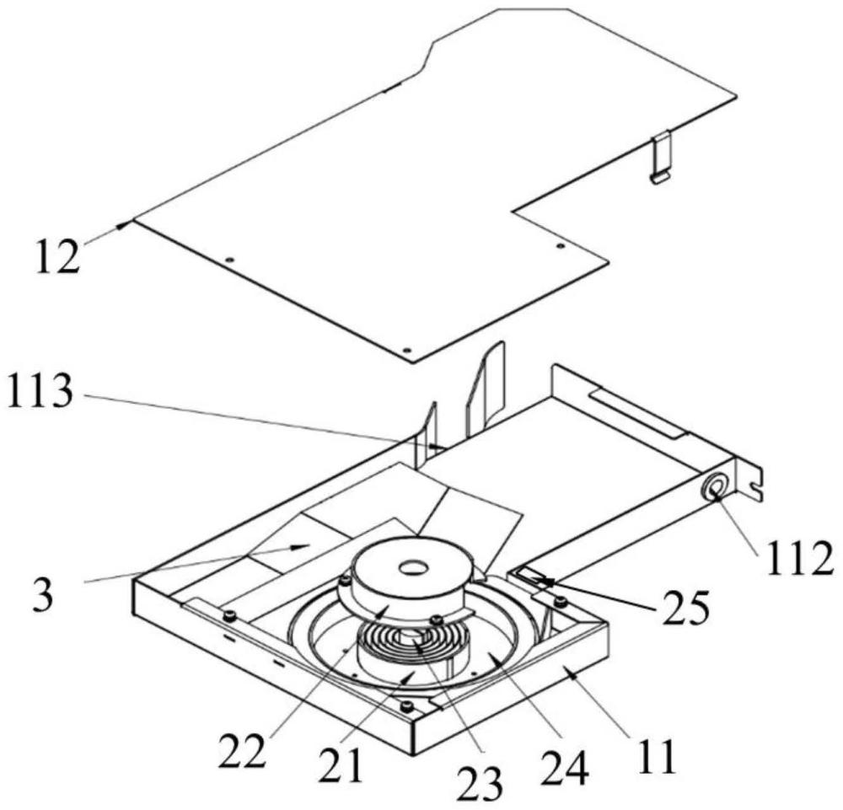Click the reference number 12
(57, 257)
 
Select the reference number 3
(44, 596)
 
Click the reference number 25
(685, 609)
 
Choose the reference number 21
(340, 764)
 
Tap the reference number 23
(480, 783)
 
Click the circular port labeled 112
(716, 487)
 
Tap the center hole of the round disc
(413, 568)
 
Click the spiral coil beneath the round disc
(413, 643)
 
